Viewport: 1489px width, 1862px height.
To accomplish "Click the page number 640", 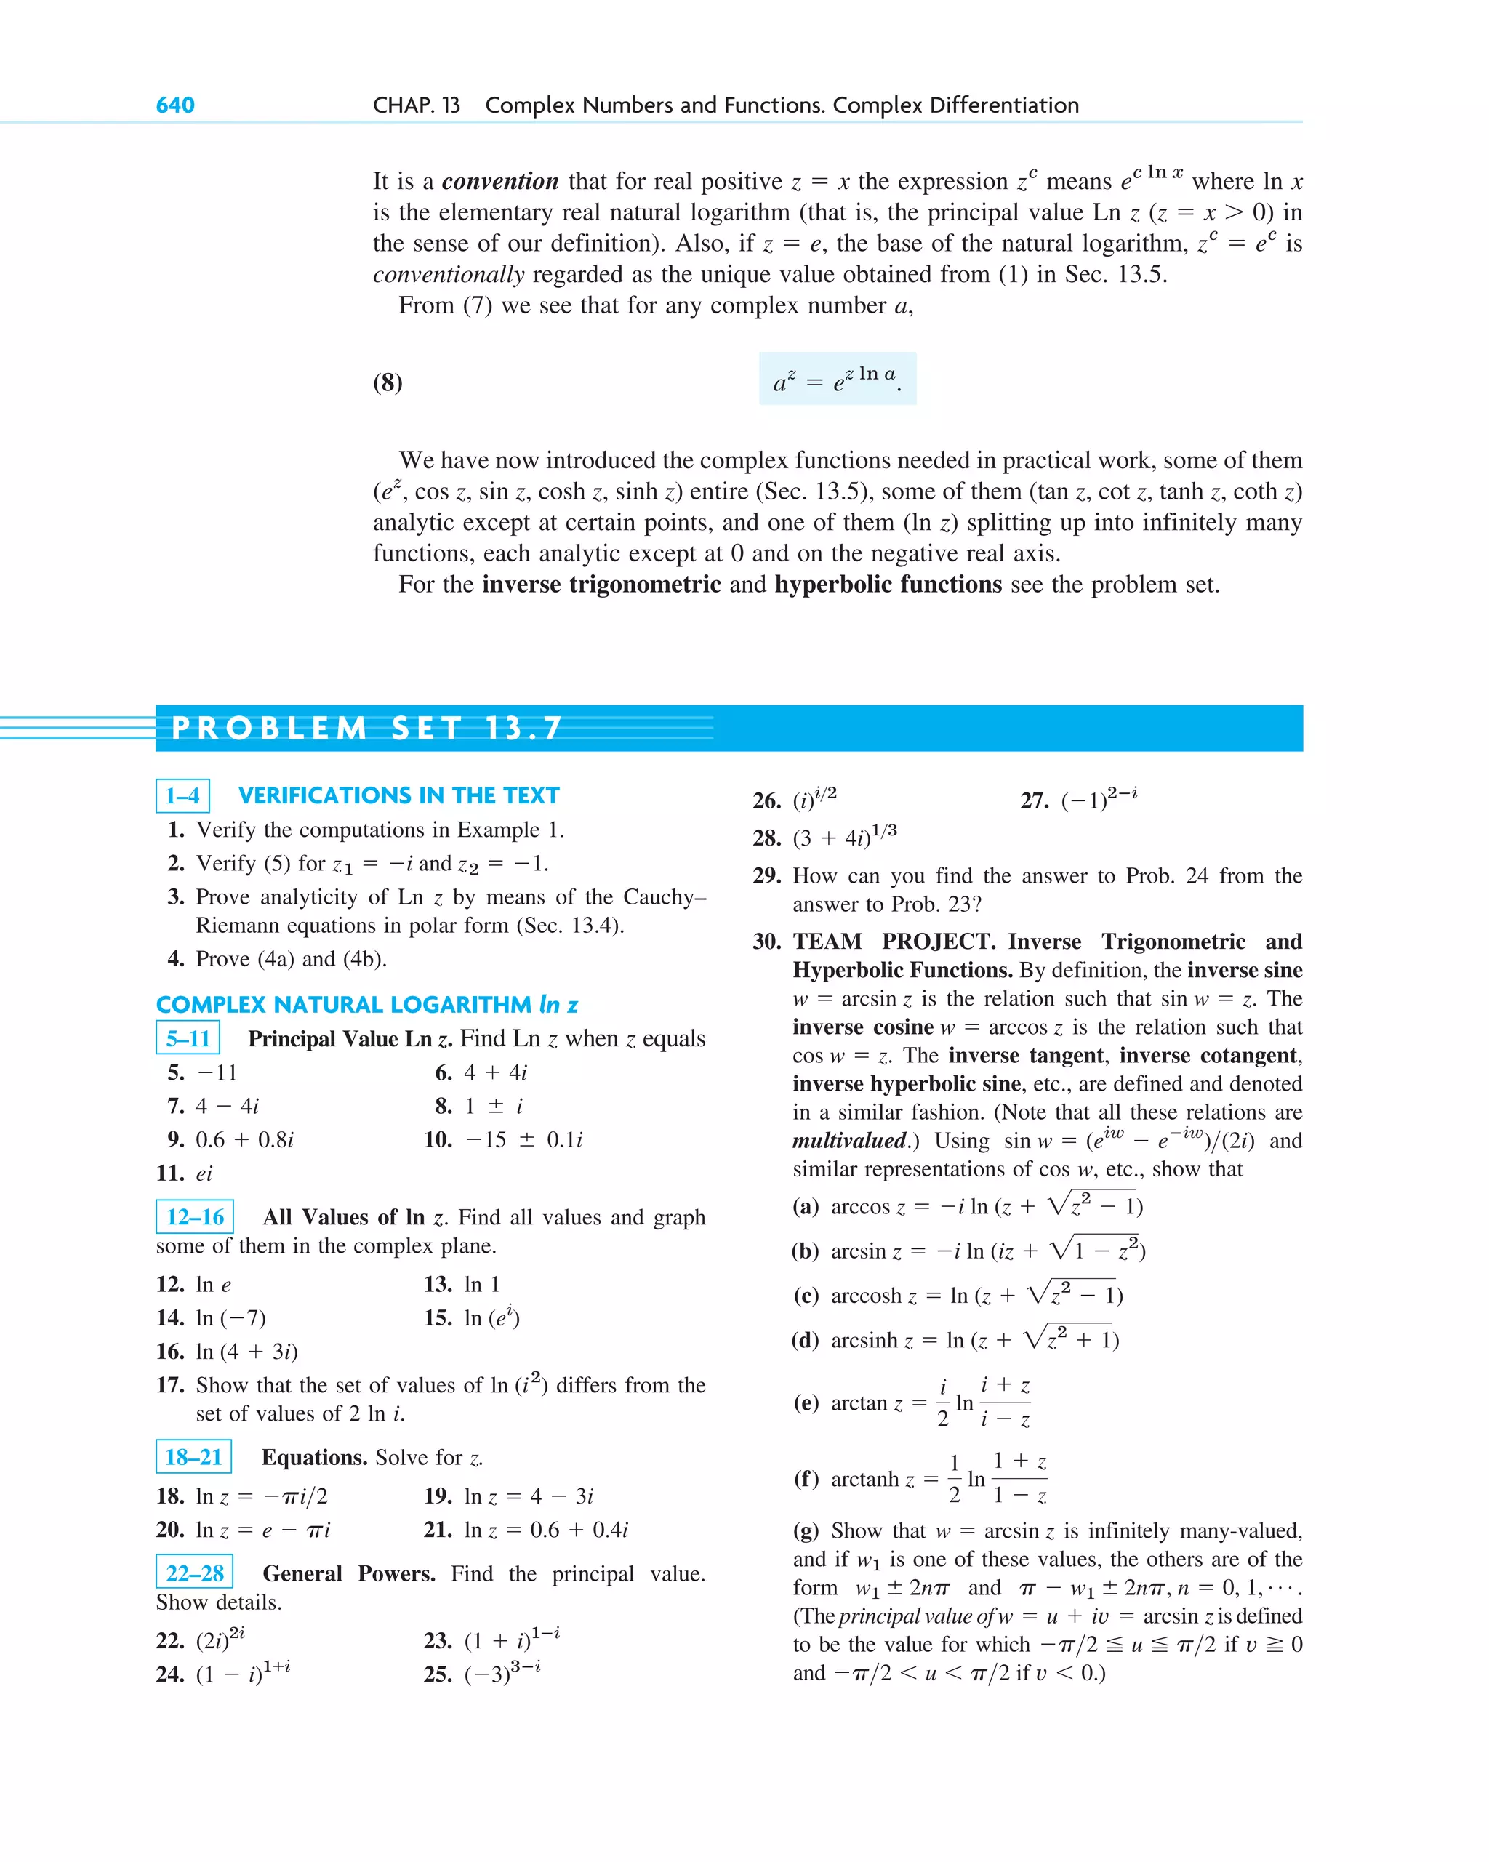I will coord(174,105).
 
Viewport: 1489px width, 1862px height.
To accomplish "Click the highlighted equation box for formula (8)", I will coord(837,378).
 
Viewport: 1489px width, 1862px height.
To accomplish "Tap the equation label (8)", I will coord(387,382).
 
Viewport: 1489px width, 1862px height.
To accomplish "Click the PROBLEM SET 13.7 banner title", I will coord(367,727).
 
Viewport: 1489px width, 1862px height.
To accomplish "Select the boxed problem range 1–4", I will coord(182,795).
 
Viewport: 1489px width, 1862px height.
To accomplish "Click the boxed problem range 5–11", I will coord(188,1038).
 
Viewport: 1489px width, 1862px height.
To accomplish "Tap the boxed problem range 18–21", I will coord(193,1456).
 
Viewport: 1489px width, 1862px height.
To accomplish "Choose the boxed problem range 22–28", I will coord(194,1573).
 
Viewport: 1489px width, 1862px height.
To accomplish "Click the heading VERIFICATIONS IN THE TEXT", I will coord(398,795).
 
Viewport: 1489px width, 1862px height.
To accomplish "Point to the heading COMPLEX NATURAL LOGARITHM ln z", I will coord(366,1004).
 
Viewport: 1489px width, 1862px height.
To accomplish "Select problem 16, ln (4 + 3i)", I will coord(226,1351).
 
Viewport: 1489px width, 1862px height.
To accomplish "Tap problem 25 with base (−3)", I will coord(482,1674).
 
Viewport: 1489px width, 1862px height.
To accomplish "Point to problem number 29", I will coord(766,875).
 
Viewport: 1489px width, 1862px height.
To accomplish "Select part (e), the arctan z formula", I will coord(911,1402).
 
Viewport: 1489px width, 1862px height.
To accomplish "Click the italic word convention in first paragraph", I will coord(500,181).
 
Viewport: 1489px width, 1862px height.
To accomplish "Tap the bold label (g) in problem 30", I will coord(805,1531).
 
